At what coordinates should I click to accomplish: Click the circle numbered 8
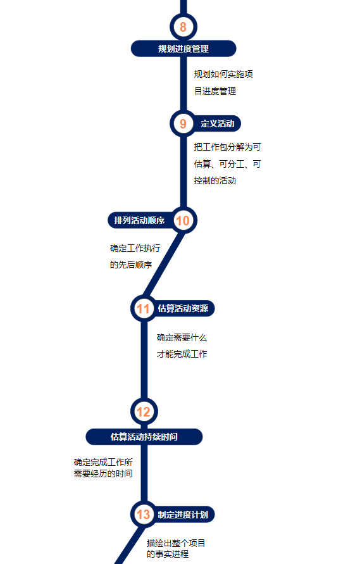(183, 27)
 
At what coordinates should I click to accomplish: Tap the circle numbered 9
(183, 123)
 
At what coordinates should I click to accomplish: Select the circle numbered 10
(183, 220)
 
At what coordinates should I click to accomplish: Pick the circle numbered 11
(144, 309)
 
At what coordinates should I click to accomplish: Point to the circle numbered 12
(144, 412)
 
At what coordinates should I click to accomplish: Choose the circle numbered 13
(144, 515)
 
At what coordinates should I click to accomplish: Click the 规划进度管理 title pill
(183, 49)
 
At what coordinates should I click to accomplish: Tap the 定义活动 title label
(218, 123)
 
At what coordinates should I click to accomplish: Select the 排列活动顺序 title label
(139, 220)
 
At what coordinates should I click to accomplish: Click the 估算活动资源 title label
(183, 308)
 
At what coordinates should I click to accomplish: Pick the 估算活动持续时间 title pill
(144, 437)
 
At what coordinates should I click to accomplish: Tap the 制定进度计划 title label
(183, 515)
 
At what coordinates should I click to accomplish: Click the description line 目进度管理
(215, 91)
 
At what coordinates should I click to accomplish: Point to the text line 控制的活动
(215, 180)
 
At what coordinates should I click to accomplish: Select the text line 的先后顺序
(131, 265)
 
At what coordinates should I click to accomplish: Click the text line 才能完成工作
(182, 354)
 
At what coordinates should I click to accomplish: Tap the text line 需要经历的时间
(103, 473)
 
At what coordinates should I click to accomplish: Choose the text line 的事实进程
(168, 554)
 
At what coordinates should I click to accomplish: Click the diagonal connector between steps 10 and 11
(164, 265)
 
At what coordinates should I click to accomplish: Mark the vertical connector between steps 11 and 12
(144, 360)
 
